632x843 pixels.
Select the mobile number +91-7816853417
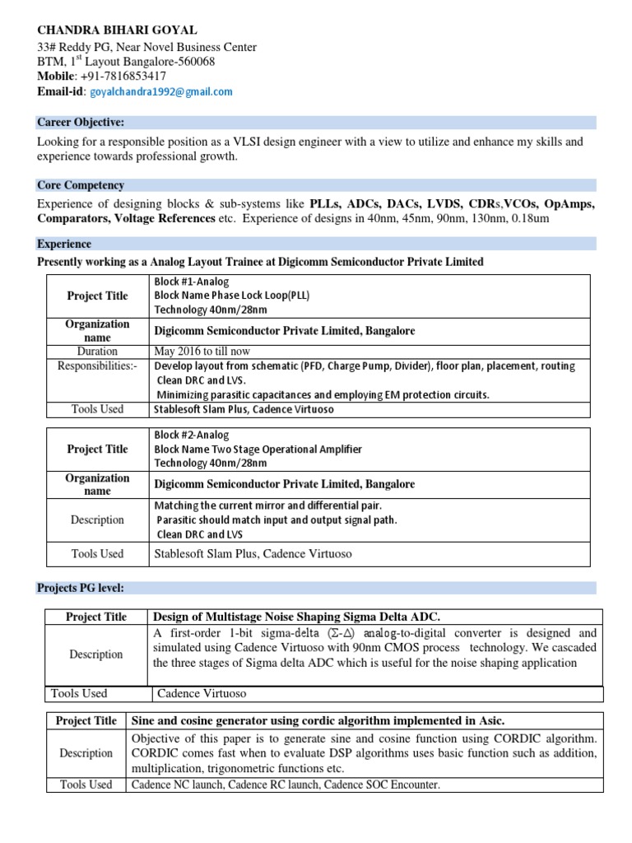(122, 77)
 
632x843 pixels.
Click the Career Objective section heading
(81, 123)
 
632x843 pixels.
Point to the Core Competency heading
(81, 186)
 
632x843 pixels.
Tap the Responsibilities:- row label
(97, 366)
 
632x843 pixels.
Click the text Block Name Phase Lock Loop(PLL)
(232, 296)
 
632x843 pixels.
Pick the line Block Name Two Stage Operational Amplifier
(258, 449)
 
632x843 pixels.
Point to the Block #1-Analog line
(192, 282)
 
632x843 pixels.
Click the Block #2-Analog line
(192, 435)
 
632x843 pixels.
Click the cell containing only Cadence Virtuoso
(202, 693)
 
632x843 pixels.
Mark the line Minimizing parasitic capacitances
(323, 394)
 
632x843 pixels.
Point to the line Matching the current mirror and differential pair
(268, 505)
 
